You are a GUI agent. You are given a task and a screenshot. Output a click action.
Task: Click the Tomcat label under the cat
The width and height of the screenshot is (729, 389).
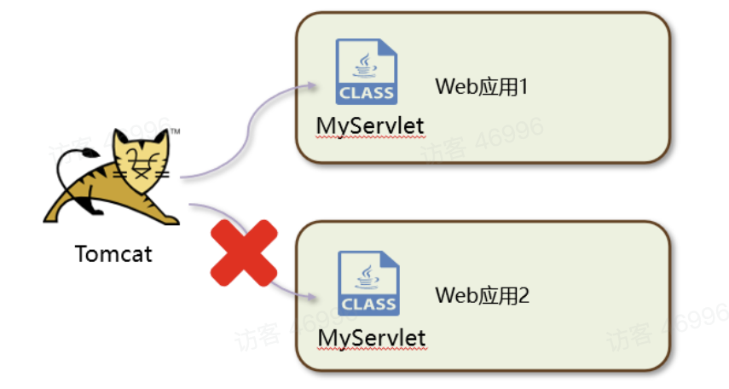(x=113, y=253)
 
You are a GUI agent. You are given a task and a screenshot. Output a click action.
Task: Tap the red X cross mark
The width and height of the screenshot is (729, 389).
(x=245, y=253)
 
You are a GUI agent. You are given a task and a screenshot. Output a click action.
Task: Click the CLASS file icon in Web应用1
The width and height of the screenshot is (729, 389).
(x=367, y=73)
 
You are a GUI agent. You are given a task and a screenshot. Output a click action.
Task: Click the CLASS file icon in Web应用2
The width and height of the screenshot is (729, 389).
(x=368, y=283)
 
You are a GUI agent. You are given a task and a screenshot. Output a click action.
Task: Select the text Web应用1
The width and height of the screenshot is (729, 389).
(x=483, y=86)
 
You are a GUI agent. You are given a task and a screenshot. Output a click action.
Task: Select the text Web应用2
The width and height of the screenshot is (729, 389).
(x=483, y=296)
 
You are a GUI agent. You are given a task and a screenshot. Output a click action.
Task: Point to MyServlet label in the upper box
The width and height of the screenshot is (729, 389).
(x=370, y=125)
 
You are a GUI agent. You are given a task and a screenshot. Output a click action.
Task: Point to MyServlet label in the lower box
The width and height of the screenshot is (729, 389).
(x=372, y=338)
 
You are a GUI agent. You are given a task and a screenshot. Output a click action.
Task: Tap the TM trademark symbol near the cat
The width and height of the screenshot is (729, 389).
(x=174, y=131)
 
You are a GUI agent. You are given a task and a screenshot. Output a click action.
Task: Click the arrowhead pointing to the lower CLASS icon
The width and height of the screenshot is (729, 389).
(x=315, y=298)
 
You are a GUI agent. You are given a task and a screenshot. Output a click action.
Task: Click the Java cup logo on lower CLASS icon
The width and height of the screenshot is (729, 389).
(x=367, y=273)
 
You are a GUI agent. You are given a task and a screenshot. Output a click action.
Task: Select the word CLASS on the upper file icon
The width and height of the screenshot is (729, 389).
(x=367, y=92)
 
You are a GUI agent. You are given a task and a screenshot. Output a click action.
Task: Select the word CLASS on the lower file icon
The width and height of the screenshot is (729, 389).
(x=368, y=303)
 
